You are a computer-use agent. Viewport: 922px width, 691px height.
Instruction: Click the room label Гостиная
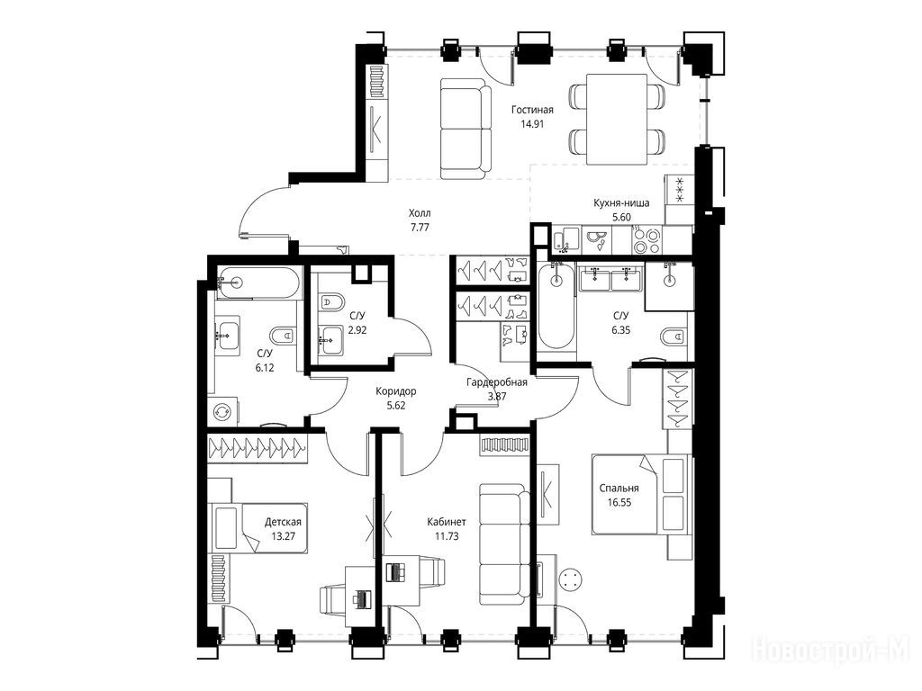[532, 110]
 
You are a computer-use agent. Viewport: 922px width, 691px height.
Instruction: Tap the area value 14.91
[532, 124]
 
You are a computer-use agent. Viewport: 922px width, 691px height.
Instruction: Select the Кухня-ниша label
[621, 203]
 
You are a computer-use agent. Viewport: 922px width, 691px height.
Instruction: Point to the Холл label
[420, 212]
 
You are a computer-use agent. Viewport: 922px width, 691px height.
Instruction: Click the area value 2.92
[357, 330]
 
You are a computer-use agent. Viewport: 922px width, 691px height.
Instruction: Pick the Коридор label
[396, 390]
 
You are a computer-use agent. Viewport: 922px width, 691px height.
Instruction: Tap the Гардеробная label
[497, 382]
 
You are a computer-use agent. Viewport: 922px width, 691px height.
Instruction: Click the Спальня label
[619, 489]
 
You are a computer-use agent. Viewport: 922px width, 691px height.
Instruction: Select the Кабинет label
[447, 522]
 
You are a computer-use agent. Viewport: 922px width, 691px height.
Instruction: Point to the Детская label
[283, 522]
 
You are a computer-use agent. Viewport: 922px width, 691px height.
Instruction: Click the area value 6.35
[621, 330]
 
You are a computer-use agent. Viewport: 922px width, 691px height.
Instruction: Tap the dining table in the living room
[618, 120]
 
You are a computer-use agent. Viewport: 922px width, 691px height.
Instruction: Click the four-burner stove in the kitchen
[646, 240]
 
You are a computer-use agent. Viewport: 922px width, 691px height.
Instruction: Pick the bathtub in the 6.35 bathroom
[556, 306]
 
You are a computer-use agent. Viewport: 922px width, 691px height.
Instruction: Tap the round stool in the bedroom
[570, 581]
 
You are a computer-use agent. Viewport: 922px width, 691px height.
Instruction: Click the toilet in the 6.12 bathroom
[282, 337]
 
